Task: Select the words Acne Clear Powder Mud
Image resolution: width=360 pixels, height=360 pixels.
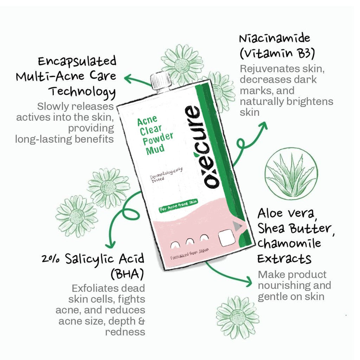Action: [x=155, y=135]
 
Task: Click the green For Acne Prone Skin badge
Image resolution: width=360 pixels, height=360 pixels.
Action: [x=178, y=206]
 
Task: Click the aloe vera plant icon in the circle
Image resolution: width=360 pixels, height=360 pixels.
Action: [x=291, y=173]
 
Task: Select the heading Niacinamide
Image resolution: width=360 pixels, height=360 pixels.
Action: [x=275, y=38]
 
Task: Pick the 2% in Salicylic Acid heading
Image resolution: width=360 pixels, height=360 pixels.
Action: [x=51, y=259]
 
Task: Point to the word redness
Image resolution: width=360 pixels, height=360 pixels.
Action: [x=125, y=332]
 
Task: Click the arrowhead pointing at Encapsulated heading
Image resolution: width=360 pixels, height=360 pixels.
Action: [x=129, y=78]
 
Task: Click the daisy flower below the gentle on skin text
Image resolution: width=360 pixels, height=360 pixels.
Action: [x=238, y=317]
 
